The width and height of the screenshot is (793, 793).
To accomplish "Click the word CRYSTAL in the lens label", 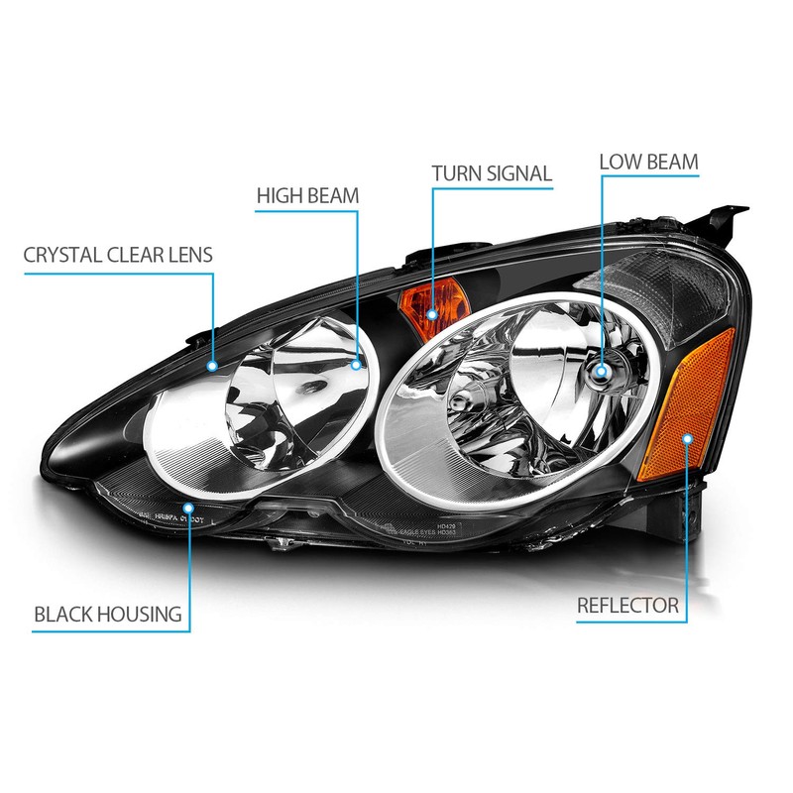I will pyautogui.click(x=62, y=256).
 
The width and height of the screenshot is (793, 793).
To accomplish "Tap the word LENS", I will pyautogui.click(x=188, y=256).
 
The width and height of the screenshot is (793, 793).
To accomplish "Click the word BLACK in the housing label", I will pyautogui.click(x=65, y=615).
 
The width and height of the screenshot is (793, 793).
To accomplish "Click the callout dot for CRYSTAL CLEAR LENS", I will pyautogui.click(x=213, y=365).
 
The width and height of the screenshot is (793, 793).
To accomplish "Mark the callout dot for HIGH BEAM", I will pyautogui.click(x=358, y=365).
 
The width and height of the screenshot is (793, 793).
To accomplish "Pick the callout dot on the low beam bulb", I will pyautogui.click(x=600, y=372).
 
